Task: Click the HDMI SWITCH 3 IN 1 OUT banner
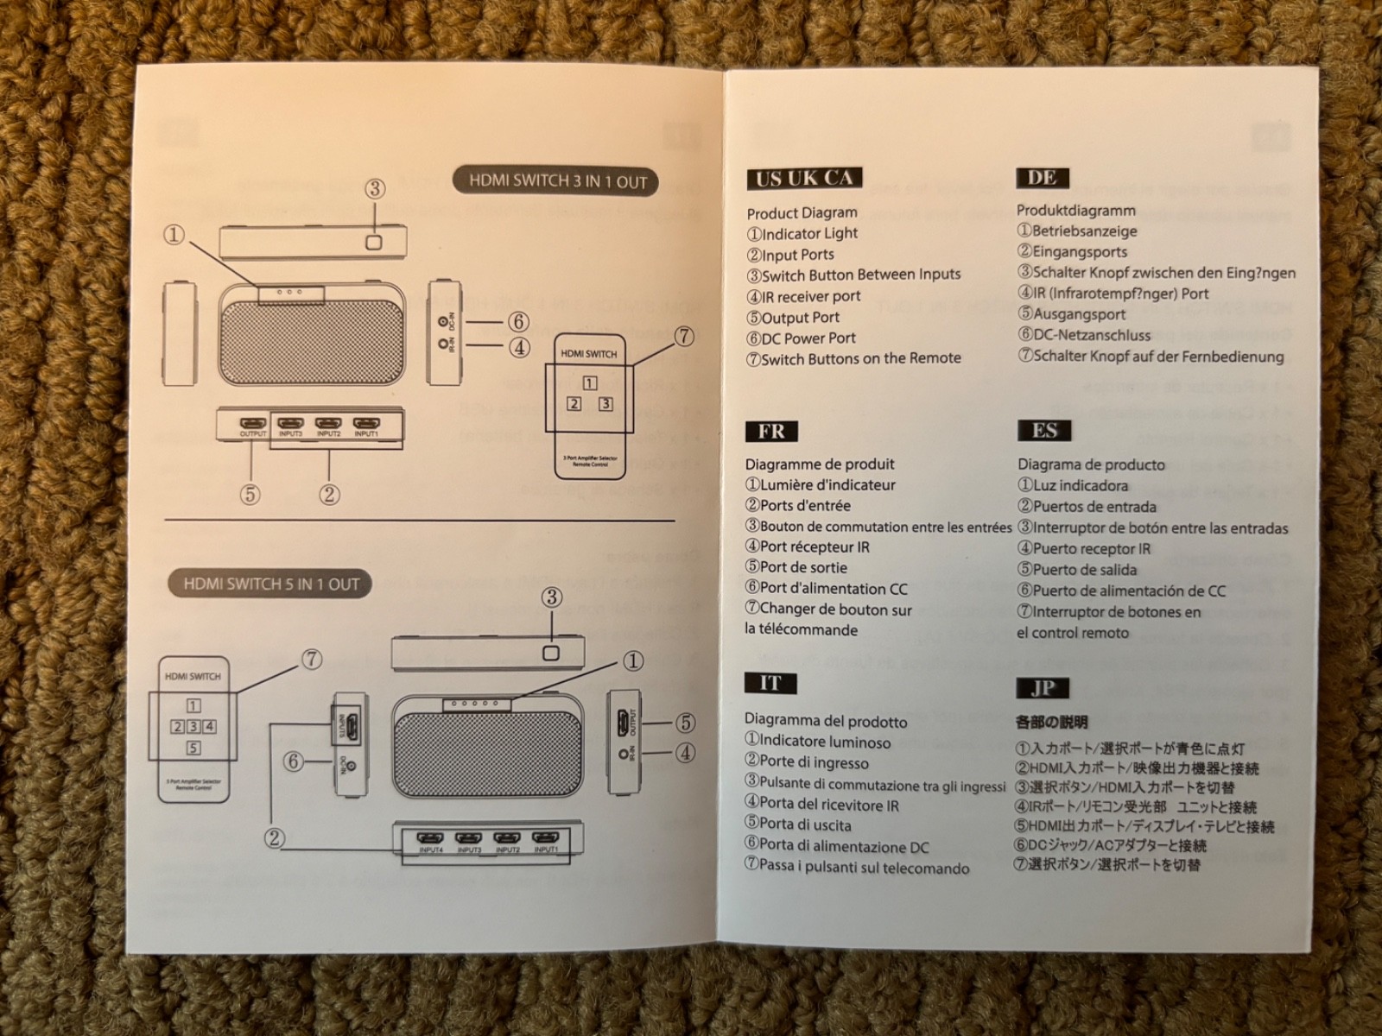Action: coord(557,181)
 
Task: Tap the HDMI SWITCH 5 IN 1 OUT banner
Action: coord(270,584)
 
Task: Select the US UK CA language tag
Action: coord(804,179)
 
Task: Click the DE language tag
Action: coord(1042,177)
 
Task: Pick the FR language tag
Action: coord(771,431)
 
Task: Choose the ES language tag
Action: coord(1044,430)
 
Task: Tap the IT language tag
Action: coord(770,684)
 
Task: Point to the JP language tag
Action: coord(1043,687)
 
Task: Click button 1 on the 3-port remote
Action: coord(590,383)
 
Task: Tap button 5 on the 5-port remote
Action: coord(193,748)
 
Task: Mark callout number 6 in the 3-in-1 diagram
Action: coord(518,322)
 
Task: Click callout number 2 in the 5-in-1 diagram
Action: coord(275,837)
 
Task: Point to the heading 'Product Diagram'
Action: coord(802,212)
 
